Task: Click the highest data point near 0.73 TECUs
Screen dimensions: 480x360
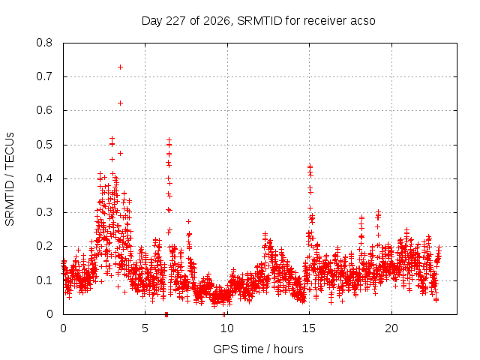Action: click(x=120, y=67)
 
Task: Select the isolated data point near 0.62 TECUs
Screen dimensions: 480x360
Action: click(x=120, y=103)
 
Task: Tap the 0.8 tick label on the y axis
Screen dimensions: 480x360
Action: click(x=44, y=43)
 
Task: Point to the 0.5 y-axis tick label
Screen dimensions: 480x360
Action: click(x=44, y=145)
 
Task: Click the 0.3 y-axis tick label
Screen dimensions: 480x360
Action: click(x=44, y=212)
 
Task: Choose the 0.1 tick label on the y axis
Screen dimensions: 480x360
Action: click(x=44, y=280)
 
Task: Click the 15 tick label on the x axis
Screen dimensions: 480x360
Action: click(x=309, y=328)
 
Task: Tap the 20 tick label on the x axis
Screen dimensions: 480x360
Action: click(x=391, y=328)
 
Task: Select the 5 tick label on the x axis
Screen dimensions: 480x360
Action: click(x=145, y=328)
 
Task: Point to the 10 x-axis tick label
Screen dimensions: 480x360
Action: click(x=226, y=328)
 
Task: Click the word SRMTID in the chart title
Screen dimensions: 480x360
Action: click(x=259, y=21)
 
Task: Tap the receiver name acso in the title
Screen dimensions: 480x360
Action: click(x=362, y=21)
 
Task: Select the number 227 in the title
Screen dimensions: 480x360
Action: click(x=176, y=21)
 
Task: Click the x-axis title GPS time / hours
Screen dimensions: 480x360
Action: click(x=258, y=349)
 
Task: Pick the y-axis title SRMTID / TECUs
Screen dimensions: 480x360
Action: click(x=10, y=179)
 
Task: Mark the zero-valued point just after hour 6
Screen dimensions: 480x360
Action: click(x=166, y=314)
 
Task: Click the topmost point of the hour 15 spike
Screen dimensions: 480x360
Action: click(x=310, y=166)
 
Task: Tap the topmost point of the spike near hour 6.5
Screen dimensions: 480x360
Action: click(x=169, y=140)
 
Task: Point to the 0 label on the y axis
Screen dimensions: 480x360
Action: click(x=49, y=314)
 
